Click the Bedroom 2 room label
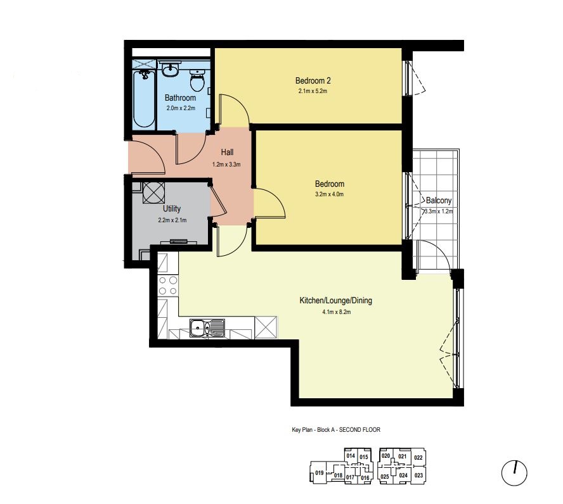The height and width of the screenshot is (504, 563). (313, 80)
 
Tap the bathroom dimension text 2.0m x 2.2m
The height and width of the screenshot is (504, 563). (181, 108)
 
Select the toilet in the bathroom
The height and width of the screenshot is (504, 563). (197, 80)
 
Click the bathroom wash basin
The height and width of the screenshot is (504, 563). (169, 69)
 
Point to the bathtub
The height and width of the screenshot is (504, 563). (144, 99)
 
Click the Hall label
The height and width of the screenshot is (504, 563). (227, 153)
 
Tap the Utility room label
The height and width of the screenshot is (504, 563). (172, 208)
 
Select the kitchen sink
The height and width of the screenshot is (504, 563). (207, 328)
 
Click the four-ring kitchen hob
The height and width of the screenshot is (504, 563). (167, 286)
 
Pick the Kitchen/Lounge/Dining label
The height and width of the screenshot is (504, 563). (336, 300)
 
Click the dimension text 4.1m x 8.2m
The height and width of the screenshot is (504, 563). (337, 312)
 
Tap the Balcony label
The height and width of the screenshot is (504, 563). (438, 200)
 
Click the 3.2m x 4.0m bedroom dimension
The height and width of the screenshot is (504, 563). (329, 194)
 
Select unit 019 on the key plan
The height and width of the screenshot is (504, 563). (319, 473)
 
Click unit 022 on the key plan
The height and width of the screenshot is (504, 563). (418, 458)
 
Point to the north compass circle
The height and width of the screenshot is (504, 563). (514, 473)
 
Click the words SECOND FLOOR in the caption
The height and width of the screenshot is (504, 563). (359, 429)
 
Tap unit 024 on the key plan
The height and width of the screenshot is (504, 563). (403, 476)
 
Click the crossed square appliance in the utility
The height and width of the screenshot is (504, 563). (153, 193)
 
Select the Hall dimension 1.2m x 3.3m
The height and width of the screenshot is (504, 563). (226, 165)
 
